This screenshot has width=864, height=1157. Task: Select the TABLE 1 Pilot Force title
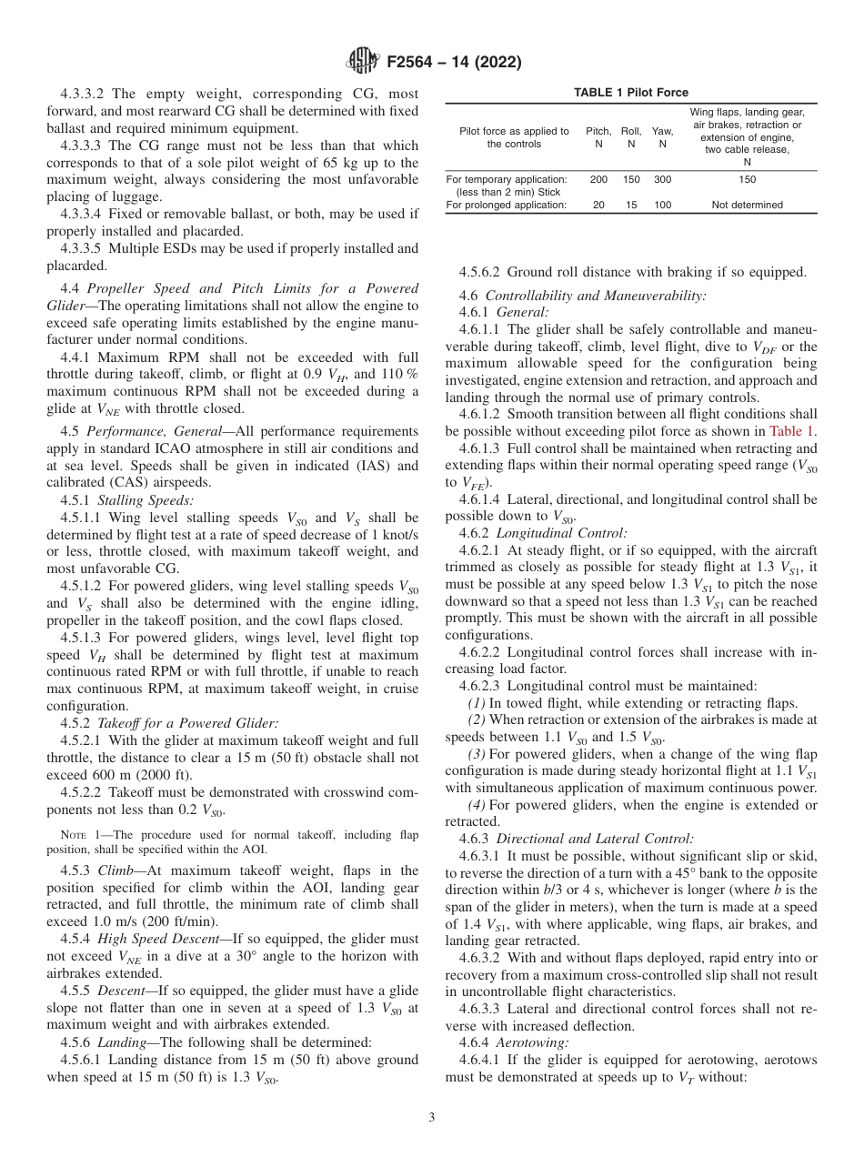pyautogui.click(x=631, y=93)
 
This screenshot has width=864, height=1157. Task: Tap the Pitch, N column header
pyautogui.click(x=598, y=137)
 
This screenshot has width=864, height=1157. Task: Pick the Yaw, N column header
pyautogui.click(x=663, y=137)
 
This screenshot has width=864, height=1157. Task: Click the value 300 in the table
pyautogui.click(x=663, y=180)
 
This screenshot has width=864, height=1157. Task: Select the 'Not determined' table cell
pyautogui.click(x=747, y=206)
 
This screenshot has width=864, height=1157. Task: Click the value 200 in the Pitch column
pyautogui.click(x=598, y=180)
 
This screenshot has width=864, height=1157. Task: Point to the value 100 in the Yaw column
pyautogui.click(x=663, y=206)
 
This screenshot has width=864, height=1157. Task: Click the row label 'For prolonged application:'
pyautogui.click(x=507, y=206)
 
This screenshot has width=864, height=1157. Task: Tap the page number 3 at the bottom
pyautogui.click(x=432, y=1118)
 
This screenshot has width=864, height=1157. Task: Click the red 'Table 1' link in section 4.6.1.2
pyautogui.click(x=792, y=433)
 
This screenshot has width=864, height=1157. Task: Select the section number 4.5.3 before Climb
pyautogui.click(x=78, y=870)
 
